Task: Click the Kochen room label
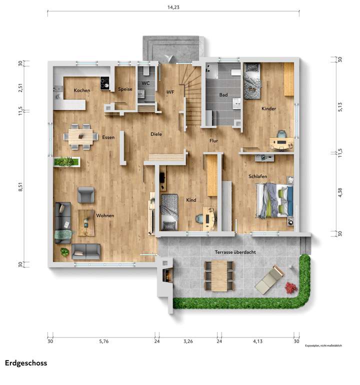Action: [x=82, y=90]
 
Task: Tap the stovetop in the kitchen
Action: [x=105, y=83]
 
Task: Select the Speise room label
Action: [x=125, y=89]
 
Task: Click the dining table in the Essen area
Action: [x=83, y=135]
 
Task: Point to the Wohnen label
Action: [x=105, y=215]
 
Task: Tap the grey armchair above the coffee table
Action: [x=85, y=195]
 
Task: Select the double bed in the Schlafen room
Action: [x=274, y=200]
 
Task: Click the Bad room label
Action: [x=223, y=94]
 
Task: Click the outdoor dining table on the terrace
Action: [x=219, y=275]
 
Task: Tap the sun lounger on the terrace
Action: [x=269, y=279]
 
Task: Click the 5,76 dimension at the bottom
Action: [x=103, y=341]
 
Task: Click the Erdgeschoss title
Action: [x=26, y=363]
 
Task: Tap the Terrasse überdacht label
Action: [x=235, y=252]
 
